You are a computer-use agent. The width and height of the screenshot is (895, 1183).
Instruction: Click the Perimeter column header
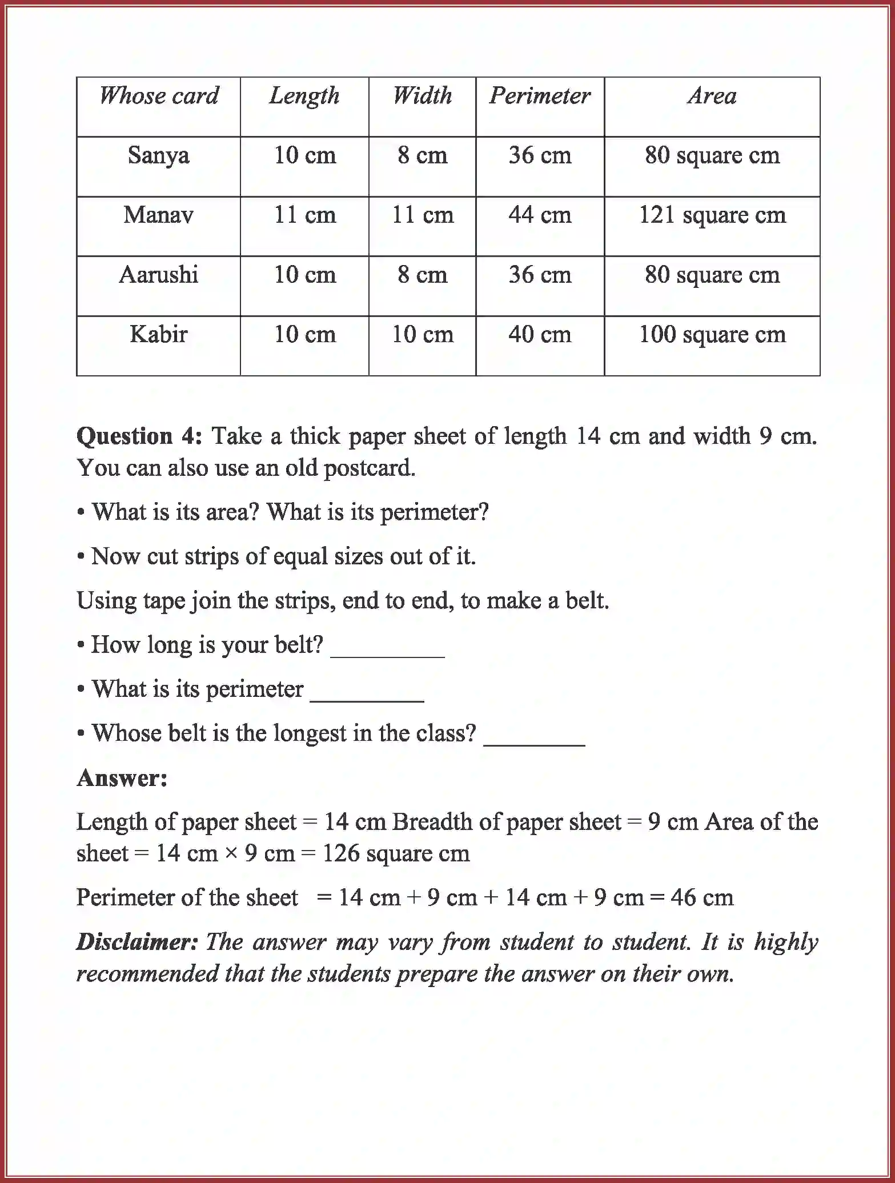click(540, 96)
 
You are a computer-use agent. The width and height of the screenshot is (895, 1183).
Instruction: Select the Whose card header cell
click(159, 96)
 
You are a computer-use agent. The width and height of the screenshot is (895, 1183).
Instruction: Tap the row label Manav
click(158, 215)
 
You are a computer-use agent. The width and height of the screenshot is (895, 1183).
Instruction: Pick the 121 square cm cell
click(712, 215)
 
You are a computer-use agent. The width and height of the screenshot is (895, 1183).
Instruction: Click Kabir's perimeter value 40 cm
click(540, 334)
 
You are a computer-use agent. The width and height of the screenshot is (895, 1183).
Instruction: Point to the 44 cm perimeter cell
click(540, 215)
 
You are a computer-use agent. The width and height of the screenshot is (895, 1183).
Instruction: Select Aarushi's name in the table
click(158, 275)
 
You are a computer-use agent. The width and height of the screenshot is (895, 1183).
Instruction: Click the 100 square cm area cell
click(712, 335)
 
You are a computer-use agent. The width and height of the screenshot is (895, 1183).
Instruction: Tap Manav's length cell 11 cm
click(304, 215)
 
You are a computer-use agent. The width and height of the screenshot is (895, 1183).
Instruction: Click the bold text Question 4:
click(139, 436)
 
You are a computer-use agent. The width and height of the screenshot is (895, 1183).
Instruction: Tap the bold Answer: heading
click(122, 778)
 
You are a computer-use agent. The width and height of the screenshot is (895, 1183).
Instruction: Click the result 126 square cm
click(396, 853)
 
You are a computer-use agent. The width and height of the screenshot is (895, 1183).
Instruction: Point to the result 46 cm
click(702, 897)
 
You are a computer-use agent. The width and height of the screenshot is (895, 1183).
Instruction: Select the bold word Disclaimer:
click(137, 942)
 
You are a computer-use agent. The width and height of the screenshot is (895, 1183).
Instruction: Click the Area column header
click(712, 96)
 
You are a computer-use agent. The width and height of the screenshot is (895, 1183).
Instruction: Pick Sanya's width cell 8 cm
click(422, 155)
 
